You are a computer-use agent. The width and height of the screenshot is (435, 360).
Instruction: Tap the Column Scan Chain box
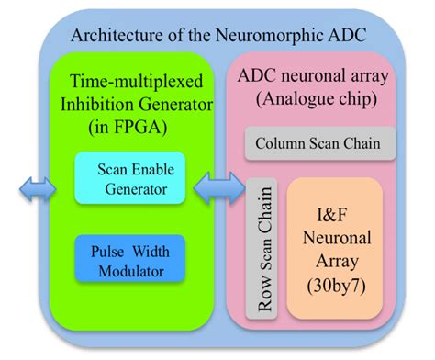tap(320, 145)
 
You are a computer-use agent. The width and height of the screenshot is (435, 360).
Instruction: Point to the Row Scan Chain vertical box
tap(264, 249)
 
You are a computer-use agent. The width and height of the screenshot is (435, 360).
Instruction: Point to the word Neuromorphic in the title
tap(271, 37)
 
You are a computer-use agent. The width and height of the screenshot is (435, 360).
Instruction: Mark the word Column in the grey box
tap(283, 145)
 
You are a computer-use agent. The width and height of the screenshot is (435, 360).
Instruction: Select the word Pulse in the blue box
tap(107, 249)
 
